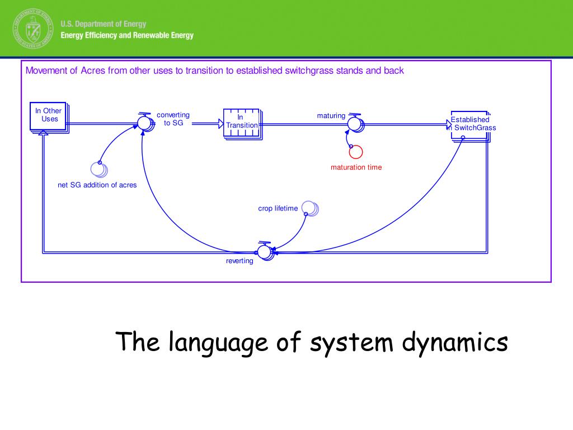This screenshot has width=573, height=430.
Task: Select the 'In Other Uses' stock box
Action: coord(49,116)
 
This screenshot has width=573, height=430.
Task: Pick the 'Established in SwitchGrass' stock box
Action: coord(470,124)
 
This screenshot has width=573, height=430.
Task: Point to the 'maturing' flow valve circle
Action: coord(354,122)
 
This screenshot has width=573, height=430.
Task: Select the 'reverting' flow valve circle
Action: coord(264,253)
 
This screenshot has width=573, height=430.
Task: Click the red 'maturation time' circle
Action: coord(356,151)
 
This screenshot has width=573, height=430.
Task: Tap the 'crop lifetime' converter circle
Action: coord(309,208)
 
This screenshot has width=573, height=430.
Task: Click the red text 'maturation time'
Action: coord(356,167)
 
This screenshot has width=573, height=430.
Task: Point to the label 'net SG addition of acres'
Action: coord(97,185)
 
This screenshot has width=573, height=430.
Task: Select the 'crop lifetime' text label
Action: coord(278,209)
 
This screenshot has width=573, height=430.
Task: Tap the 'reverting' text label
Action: coord(239,261)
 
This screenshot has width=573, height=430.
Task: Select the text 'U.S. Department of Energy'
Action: coord(103,24)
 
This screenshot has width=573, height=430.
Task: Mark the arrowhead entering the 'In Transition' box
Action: coord(221,123)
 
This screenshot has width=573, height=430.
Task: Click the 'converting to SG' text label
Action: coord(173,119)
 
